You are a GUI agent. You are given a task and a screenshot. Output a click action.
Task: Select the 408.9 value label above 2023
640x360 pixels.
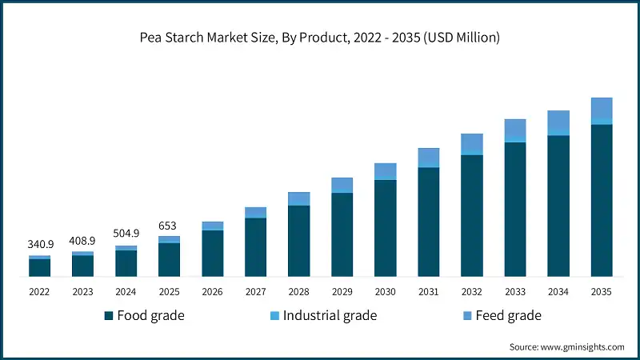[x=83, y=240]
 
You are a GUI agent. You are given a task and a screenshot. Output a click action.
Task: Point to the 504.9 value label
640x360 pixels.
[x=126, y=234]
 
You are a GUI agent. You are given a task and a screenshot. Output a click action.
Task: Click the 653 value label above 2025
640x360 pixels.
[x=169, y=225]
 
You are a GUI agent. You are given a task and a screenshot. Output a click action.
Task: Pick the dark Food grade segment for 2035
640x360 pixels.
[x=601, y=200]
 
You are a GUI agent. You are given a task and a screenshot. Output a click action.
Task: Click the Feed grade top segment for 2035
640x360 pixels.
[x=601, y=108]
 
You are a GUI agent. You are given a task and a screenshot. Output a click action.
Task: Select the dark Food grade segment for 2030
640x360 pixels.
[x=386, y=228]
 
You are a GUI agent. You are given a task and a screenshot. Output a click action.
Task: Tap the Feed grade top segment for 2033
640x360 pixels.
[x=515, y=130]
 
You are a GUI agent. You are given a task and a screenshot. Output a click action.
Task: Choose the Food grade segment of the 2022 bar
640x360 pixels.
[x=40, y=268]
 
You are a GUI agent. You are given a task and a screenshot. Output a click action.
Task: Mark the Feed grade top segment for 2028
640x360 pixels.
[x=299, y=198]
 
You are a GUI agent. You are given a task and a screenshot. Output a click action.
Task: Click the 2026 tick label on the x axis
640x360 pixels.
[x=212, y=293]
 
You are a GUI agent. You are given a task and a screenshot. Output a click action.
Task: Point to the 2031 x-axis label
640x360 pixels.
[x=428, y=293]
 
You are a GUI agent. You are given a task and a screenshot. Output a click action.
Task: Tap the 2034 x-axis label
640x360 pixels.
[x=558, y=293]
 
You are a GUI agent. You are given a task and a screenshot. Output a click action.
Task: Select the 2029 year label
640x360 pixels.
[x=342, y=293]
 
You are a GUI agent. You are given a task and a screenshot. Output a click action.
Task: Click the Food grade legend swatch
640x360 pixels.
[x=108, y=316]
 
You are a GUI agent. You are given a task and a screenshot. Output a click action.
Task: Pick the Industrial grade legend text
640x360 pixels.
[x=330, y=316]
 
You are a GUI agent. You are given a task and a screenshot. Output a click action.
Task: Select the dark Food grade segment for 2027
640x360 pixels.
[x=255, y=247]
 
